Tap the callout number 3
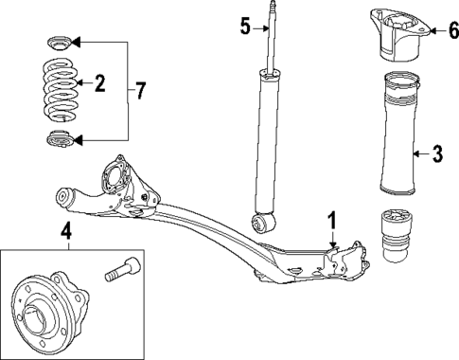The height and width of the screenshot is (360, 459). click(x=436, y=153)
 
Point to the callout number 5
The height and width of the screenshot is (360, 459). click(x=245, y=27)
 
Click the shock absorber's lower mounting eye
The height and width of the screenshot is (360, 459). click(x=264, y=224)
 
